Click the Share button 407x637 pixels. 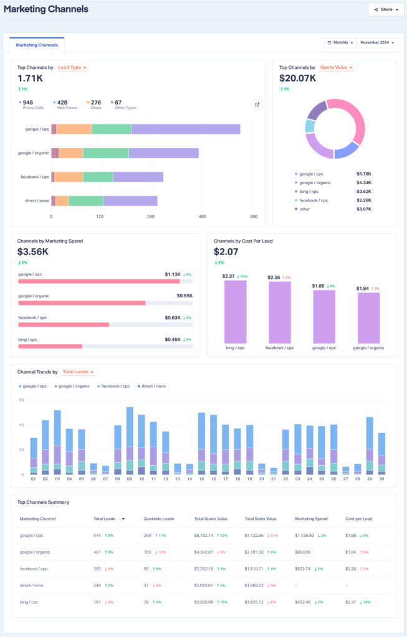coord(383,9)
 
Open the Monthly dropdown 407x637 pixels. coord(339,42)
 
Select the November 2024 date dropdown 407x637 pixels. coord(376,42)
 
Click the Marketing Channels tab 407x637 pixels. coord(37,45)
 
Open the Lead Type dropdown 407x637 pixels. coord(72,67)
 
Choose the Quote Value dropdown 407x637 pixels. coord(336,67)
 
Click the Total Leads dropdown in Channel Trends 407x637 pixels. coord(78,372)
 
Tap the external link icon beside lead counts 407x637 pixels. coord(257,105)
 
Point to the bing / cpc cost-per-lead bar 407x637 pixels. coord(236,312)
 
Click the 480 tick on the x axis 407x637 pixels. coord(203,216)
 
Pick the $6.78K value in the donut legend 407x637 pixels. coord(363,174)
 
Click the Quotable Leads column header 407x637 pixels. coord(158,518)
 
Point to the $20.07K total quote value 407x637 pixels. coord(297,78)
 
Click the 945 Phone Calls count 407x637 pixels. coord(28,102)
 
